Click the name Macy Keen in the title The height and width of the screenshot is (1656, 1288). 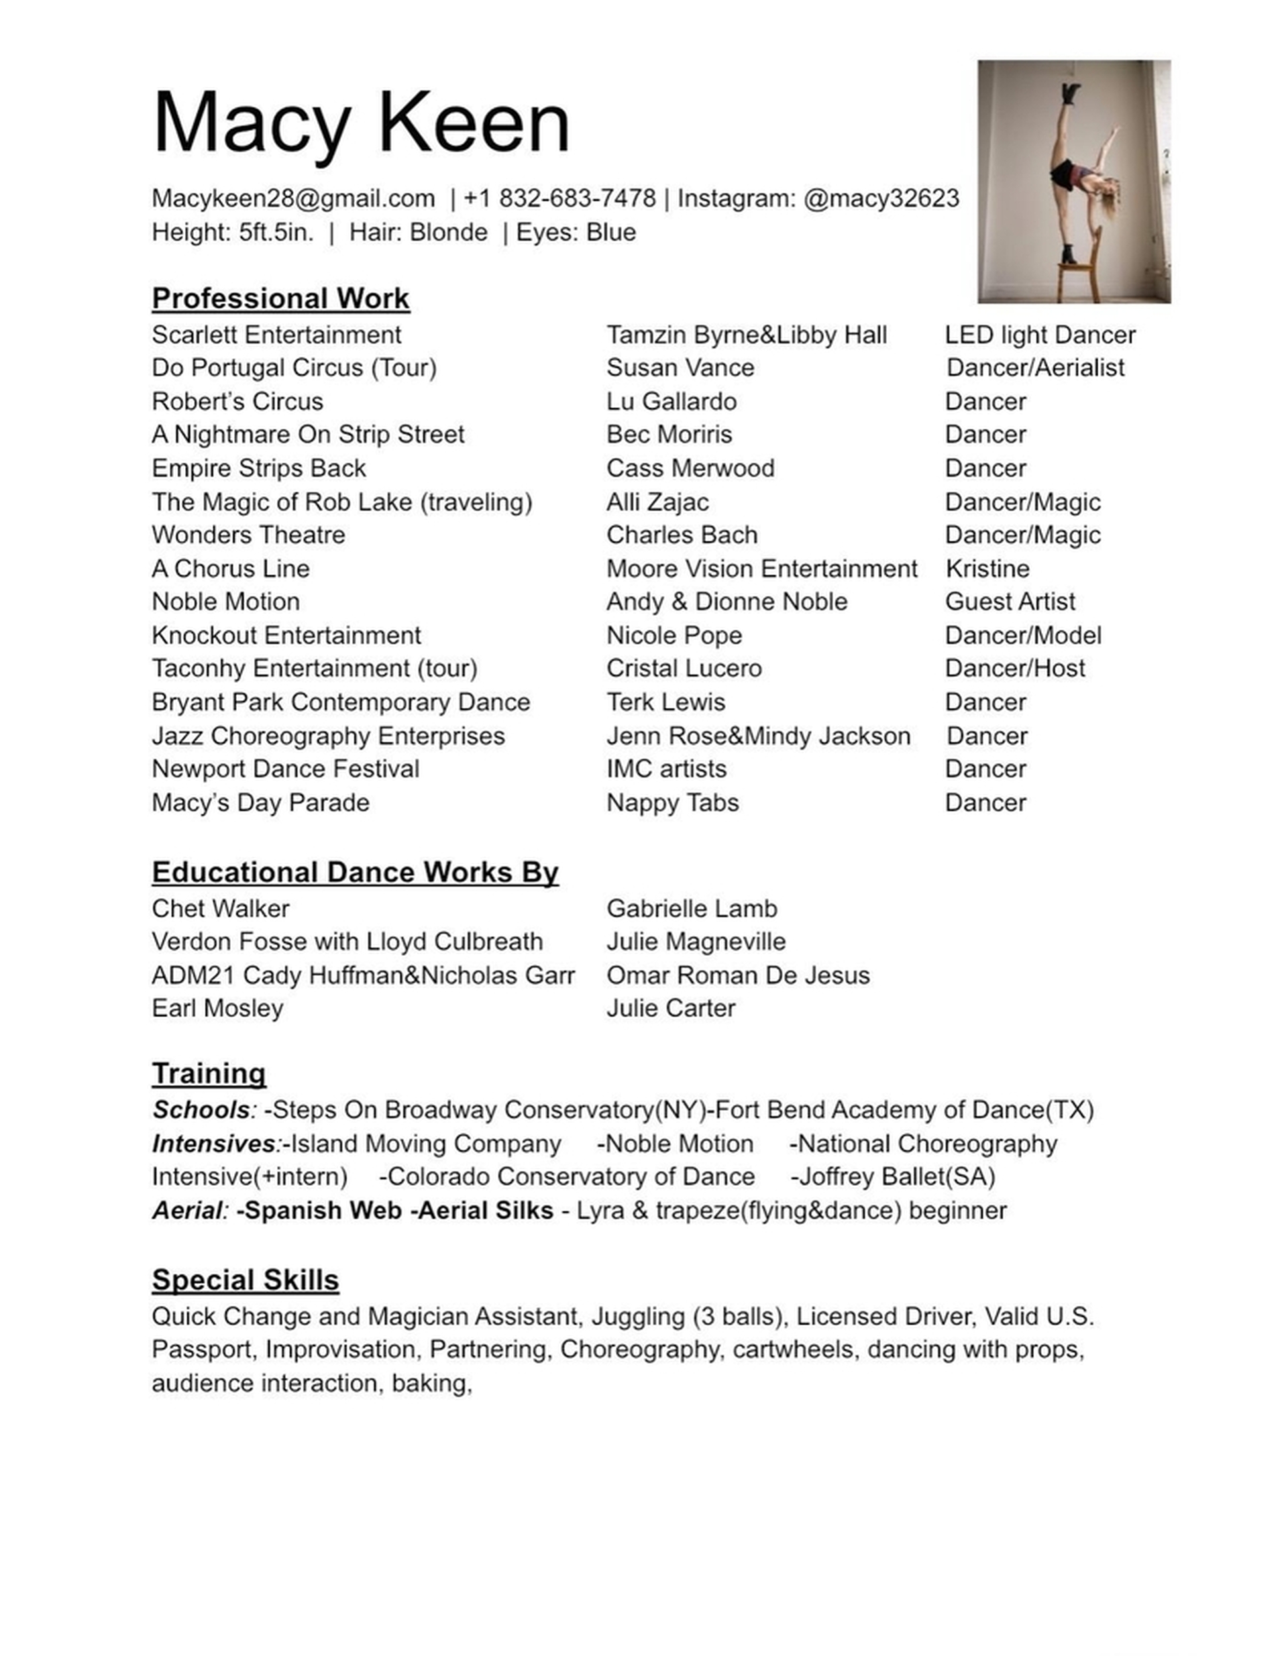360,123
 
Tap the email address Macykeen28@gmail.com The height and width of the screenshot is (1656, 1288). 292,199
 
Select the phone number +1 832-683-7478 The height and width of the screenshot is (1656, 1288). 559,199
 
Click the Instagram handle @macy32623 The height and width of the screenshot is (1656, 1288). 881,199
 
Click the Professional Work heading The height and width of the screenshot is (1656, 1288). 280,298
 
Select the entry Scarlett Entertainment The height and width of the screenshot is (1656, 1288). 276,335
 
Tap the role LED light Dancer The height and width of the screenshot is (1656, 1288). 1040,335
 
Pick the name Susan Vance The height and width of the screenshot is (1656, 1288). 680,368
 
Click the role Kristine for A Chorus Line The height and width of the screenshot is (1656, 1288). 987,569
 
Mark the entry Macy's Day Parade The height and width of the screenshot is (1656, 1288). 260,803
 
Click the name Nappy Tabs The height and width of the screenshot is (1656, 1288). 672,803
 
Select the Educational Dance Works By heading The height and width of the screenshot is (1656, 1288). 355,873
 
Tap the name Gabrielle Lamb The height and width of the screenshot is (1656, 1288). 692,909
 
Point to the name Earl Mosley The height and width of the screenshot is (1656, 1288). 218,1009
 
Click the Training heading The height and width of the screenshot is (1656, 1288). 209,1074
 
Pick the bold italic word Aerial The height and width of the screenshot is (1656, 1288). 187,1211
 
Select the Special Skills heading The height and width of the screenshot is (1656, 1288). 245,1280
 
